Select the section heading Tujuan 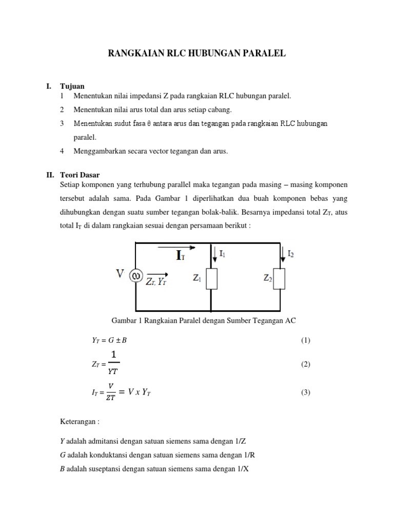pos(72,86)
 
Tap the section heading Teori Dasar pos(81,175)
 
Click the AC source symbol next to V pos(136,276)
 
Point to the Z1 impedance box pos(211,278)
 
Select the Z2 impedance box pos(280,278)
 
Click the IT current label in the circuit pos(181,256)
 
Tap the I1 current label pos(222,253)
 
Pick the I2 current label pos(291,253)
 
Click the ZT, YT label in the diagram pos(157,282)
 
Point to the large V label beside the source pos(121,274)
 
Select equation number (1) pos(306,341)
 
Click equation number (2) pos(306,364)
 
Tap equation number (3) pos(306,392)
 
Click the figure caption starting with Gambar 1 pos(204,320)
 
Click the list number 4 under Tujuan pos(62,151)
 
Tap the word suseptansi pos(105,468)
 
